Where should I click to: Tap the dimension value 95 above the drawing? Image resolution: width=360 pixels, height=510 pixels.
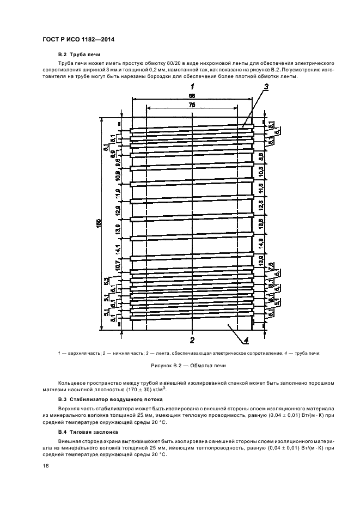click(x=192, y=95)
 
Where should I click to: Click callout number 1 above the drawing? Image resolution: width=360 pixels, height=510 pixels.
click(x=192, y=87)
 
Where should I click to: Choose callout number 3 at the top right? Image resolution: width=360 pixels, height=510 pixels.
click(x=266, y=87)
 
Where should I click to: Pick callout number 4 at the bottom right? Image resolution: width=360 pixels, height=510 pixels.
click(x=246, y=341)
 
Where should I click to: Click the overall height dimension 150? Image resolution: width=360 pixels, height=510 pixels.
click(x=99, y=223)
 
